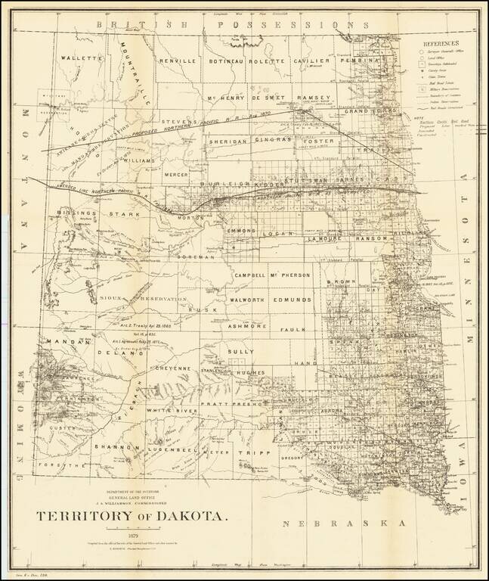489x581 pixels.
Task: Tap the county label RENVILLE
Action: point(178,60)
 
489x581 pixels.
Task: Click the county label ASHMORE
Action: point(243,325)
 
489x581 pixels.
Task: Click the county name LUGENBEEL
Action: point(169,448)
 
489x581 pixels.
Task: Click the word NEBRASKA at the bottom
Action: point(343,524)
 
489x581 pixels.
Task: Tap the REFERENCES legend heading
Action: point(445,45)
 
